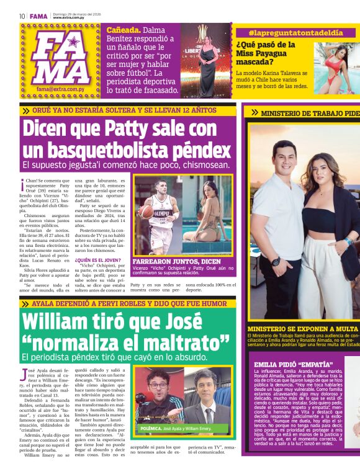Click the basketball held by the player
[x=145, y=212]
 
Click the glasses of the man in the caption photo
[x=161, y=385]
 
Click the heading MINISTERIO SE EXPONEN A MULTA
[x=302, y=329]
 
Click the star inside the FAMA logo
[x=73, y=42]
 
